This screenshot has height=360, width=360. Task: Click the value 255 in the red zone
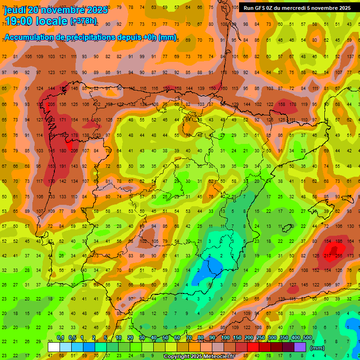pos(338,256)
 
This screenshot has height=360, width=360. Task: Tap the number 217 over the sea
pos(328,256)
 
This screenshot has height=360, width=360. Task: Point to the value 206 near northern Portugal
pos(74,150)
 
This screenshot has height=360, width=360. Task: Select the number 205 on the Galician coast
pos(51,104)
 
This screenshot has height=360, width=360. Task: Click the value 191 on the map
pos(62,166)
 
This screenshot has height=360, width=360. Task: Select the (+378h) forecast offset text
pos(83,21)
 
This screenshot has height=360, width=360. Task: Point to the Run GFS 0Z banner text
pos(297,8)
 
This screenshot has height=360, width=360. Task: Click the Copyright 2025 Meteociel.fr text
pos(199,357)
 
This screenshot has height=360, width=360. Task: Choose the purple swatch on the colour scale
pos(300,347)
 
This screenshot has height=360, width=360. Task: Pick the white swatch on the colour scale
pos(53,347)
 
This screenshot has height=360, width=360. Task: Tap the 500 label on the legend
pos(307,337)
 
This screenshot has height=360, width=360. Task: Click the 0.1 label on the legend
pos(60,337)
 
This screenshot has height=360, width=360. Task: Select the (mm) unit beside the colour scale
pos(317,348)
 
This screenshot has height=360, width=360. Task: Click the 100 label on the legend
pos(225,337)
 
